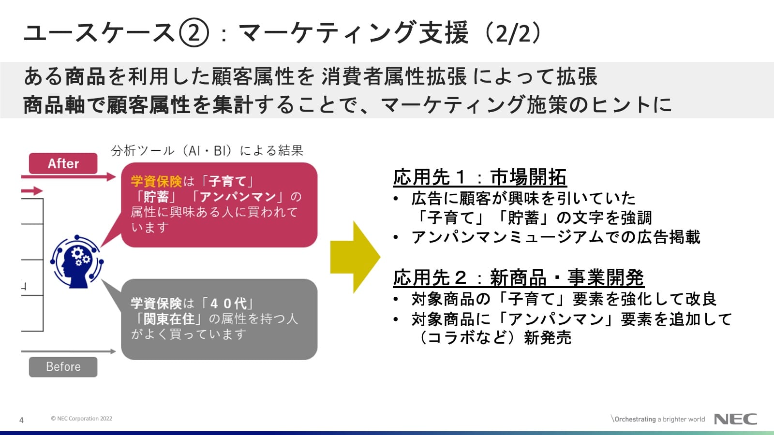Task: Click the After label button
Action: (x=63, y=163)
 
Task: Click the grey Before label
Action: (x=63, y=367)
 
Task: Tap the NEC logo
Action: (x=735, y=419)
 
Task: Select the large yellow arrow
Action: (x=355, y=257)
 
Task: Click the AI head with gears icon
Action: (x=77, y=261)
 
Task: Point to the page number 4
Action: (x=21, y=420)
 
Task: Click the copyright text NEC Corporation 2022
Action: (x=82, y=419)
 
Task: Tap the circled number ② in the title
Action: (x=193, y=33)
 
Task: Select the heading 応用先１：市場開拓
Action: (x=479, y=177)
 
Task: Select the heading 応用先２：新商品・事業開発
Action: (x=518, y=278)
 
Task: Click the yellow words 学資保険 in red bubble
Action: (x=156, y=181)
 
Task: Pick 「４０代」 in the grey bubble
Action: (x=227, y=304)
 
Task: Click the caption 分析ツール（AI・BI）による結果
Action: (x=207, y=151)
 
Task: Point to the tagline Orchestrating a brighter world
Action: (x=659, y=419)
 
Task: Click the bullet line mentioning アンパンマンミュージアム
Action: (x=555, y=237)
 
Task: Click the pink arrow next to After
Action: (x=68, y=177)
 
